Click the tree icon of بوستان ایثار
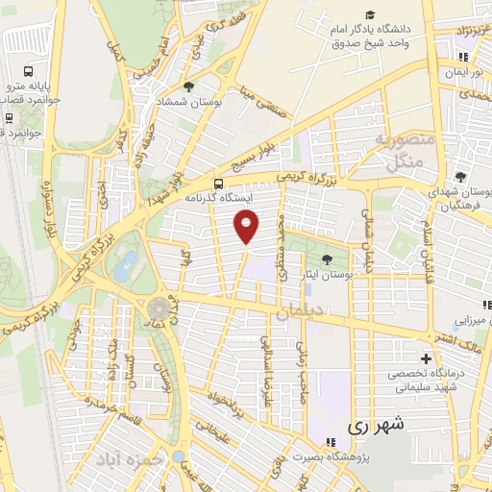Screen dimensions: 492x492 (x=328, y=258)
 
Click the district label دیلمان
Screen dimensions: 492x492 (x=300, y=310)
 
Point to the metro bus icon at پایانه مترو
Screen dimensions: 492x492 (x=28, y=71)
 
